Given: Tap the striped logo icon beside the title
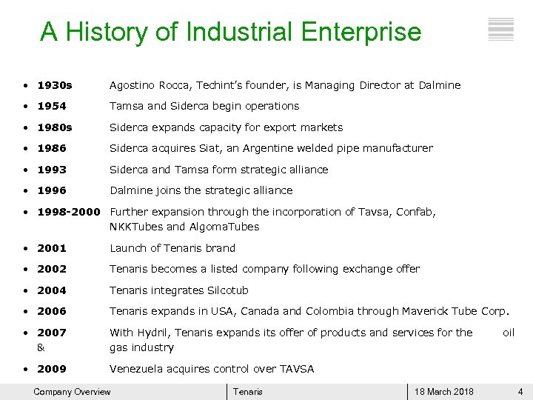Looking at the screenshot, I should (501, 29).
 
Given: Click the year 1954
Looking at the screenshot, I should (52, 106).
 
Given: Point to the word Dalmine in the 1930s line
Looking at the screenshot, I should (440, 85).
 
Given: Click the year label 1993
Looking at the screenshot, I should (52, 170).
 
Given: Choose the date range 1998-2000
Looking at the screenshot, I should (68, 212).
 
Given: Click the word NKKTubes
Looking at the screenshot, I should (137, 227).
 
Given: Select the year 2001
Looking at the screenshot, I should (52, 248).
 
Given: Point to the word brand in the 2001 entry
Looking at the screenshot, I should (220, 248).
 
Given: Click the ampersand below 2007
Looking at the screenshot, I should (41, 347).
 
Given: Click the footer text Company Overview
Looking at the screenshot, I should (72, 392).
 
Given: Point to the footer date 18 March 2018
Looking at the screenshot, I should (444, 392).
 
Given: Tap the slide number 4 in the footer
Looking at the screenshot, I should (520, 392).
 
